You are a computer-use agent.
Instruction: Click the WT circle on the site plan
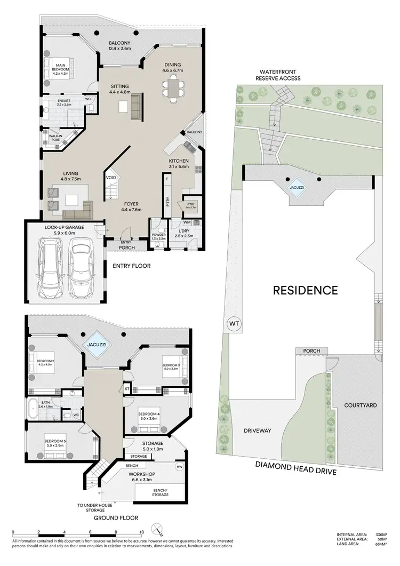(234, 323)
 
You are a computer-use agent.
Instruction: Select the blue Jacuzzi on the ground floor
(97, 345)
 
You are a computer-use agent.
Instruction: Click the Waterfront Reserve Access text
(280, 75)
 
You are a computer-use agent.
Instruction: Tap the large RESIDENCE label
(305, 290)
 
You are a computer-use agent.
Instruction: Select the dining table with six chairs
(174, 88)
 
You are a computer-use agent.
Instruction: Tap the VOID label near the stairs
(111, 177)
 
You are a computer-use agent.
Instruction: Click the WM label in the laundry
(187, 221)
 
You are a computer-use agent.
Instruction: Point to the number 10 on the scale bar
(141, 532)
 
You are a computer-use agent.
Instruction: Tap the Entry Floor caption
(131, 266)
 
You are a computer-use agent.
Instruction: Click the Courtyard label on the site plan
(360, 405)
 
